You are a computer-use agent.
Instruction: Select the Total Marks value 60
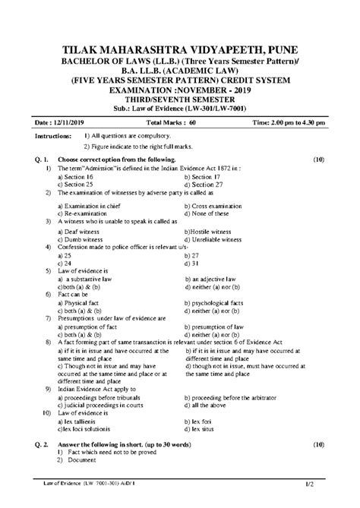coord(194,121)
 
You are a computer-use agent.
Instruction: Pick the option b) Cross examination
coord(216,204)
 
